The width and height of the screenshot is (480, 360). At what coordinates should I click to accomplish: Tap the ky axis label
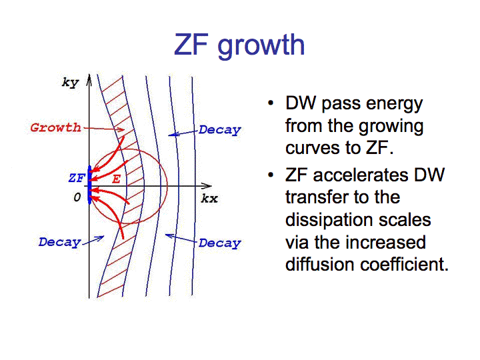coord(69,83)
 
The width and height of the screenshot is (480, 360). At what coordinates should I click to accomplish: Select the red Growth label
coord(55,127)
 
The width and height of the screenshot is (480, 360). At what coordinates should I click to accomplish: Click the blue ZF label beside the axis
coord(76,178)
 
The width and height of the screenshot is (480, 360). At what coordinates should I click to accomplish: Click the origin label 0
coord(77,197)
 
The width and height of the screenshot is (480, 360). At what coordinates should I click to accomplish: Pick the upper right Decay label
coord(219,130)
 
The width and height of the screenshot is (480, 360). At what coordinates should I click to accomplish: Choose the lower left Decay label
coord(59,242)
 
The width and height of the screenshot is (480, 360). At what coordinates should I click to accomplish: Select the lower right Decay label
coord(219,243)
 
